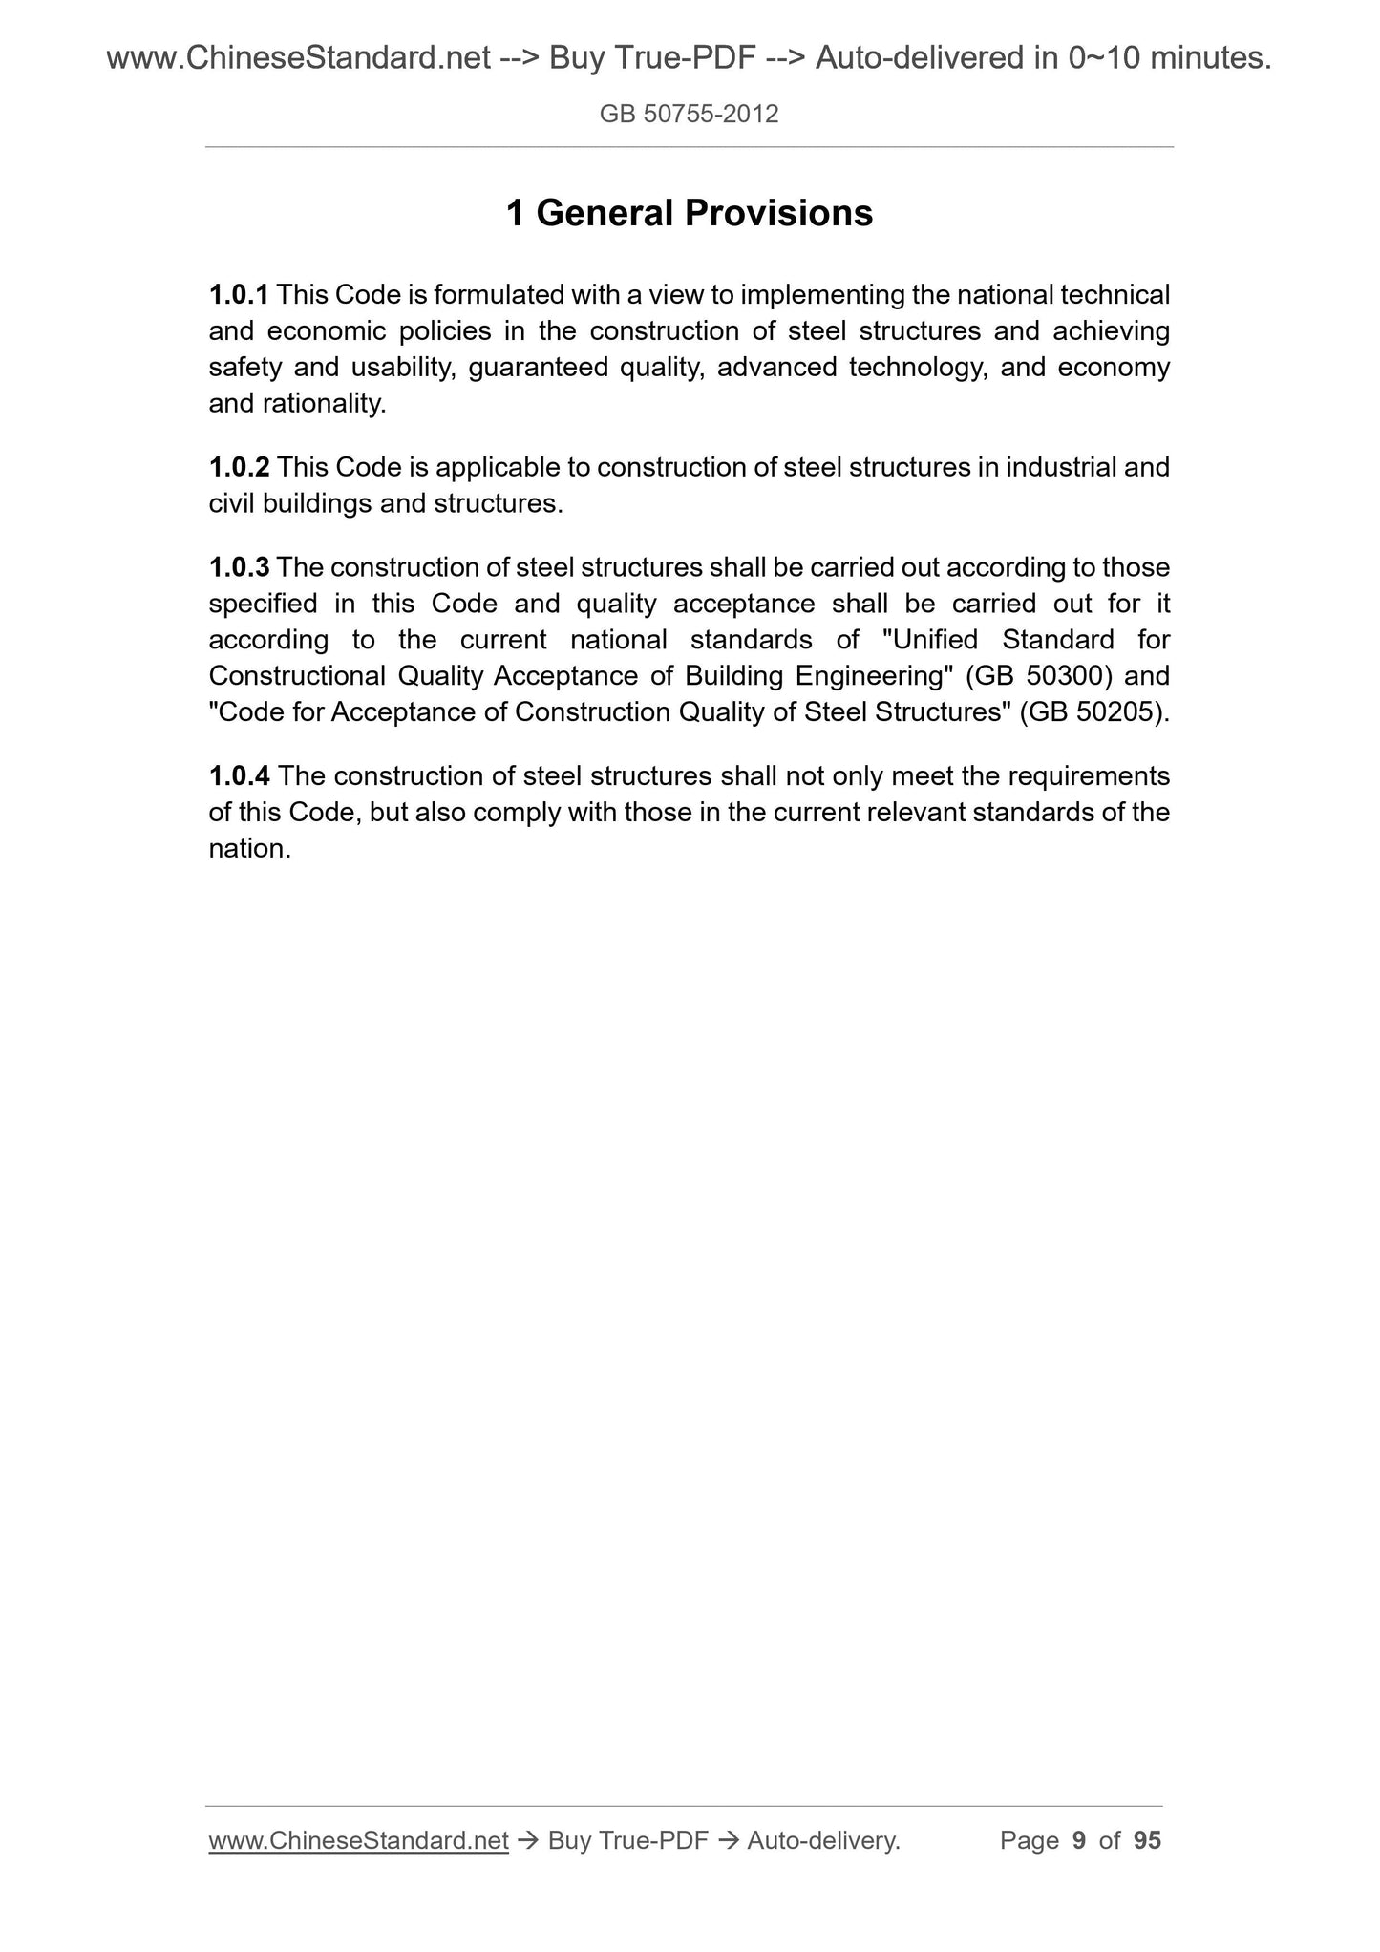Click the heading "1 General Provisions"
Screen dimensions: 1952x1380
(689, 213)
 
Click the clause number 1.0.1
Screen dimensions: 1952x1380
(239, 295)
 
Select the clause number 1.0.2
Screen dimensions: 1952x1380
(239, 468)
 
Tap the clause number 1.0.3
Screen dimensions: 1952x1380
(239, 568)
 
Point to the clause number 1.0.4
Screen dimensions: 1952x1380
(239, 775)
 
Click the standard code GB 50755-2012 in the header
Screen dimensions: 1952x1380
(689, 115)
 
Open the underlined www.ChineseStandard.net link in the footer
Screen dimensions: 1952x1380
(358, 1840)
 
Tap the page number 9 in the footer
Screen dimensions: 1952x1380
(1079, 1840)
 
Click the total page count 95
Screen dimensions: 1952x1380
(1147, 1840)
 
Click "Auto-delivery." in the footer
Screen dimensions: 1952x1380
(823, 1840)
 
